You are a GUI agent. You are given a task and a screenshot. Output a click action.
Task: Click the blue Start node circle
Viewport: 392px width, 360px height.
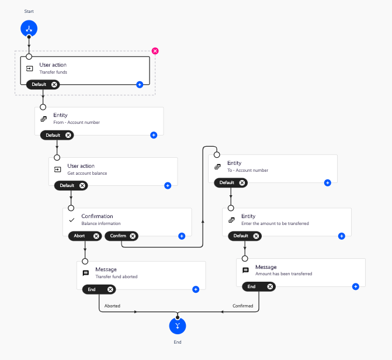click(x=29, y=27)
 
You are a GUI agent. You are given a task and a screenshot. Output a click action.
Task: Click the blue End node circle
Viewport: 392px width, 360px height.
click(x=178, y=326)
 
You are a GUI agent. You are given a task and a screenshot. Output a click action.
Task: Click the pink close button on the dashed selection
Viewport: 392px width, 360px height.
click(x=155, y=51)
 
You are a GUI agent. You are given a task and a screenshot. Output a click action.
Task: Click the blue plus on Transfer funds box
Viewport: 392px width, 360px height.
click(x=140, y=85)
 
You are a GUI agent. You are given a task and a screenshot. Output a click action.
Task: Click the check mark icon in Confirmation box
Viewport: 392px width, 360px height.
click(x=72, y=220)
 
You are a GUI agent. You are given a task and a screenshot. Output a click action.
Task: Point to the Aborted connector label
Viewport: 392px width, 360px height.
click(x=112, y=306)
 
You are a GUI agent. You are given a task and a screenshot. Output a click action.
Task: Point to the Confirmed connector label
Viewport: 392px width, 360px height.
click(x=243, y=306)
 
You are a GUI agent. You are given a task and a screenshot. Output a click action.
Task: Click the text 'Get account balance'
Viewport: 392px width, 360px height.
click(x=87, y=174)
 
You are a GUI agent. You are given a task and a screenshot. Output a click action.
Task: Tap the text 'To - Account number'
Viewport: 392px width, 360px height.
click(x=247, y=171)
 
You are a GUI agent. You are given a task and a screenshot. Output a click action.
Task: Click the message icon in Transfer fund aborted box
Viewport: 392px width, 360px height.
click(x=86, y=273)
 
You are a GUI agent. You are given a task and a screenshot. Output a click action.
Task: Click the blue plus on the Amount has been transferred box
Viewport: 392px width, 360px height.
click(x=355, y=286)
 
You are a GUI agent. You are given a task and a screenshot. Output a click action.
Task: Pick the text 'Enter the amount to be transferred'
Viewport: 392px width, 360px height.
click(x=275, y=224)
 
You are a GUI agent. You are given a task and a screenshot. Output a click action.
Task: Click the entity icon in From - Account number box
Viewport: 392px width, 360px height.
click(x=44, y=119)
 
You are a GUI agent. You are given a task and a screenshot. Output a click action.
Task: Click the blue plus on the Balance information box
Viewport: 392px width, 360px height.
click(x=182, y=236)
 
